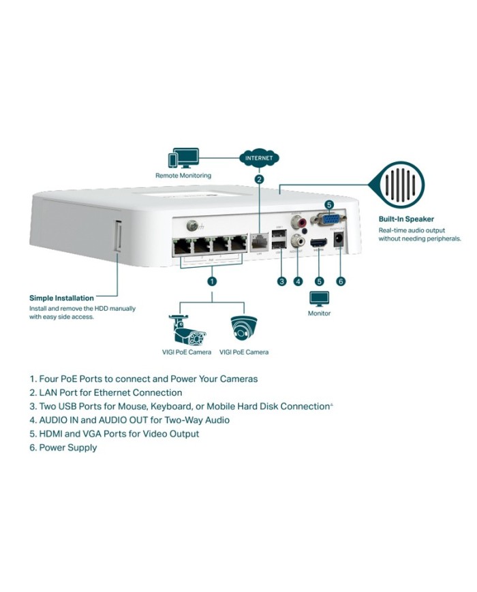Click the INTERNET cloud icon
point(259,158)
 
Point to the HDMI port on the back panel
point(318,245)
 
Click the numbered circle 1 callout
point(212,281)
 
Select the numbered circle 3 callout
point(281,281)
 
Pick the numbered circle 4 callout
point(298,281)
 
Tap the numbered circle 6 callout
point(341,281)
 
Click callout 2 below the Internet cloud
point(259,180)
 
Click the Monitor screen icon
point(319,299)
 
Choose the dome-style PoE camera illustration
point(243,328)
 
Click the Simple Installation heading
point(61,298)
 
